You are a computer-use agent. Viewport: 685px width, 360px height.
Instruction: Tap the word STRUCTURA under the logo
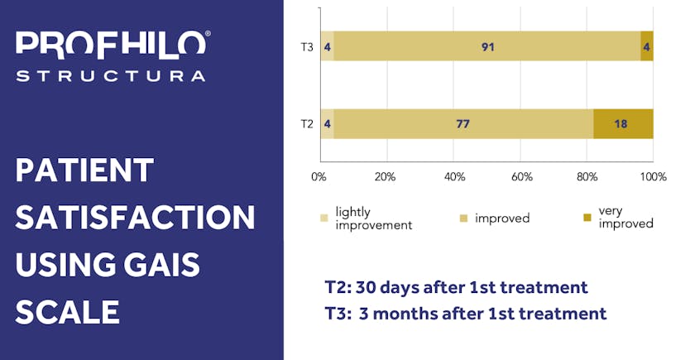click(x=110, y=76)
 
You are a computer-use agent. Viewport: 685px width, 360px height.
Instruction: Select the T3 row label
click(x=306, y=46)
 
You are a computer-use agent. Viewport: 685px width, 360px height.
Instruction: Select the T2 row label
click(x=306, y=124)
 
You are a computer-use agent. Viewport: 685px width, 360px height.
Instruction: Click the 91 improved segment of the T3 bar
click(x=487, y=46)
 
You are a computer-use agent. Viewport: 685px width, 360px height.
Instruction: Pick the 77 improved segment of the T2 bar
click(x=463, y=124)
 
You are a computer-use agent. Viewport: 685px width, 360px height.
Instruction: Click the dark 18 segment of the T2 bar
click(x=623, y=124)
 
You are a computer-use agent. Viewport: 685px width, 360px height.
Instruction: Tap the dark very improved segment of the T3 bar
click(x=647, y=46)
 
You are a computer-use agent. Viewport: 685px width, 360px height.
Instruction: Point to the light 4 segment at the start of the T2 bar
click(x=328, y=124)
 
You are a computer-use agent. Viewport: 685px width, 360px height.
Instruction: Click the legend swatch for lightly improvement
click(x=324, y=218)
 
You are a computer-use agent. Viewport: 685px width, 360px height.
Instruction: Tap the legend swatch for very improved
click(x=587, y=218)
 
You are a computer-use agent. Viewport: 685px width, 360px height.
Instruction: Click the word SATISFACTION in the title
click(x=135, y=218)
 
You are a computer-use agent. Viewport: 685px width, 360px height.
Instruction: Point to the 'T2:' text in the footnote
click(x=338, y=287)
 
